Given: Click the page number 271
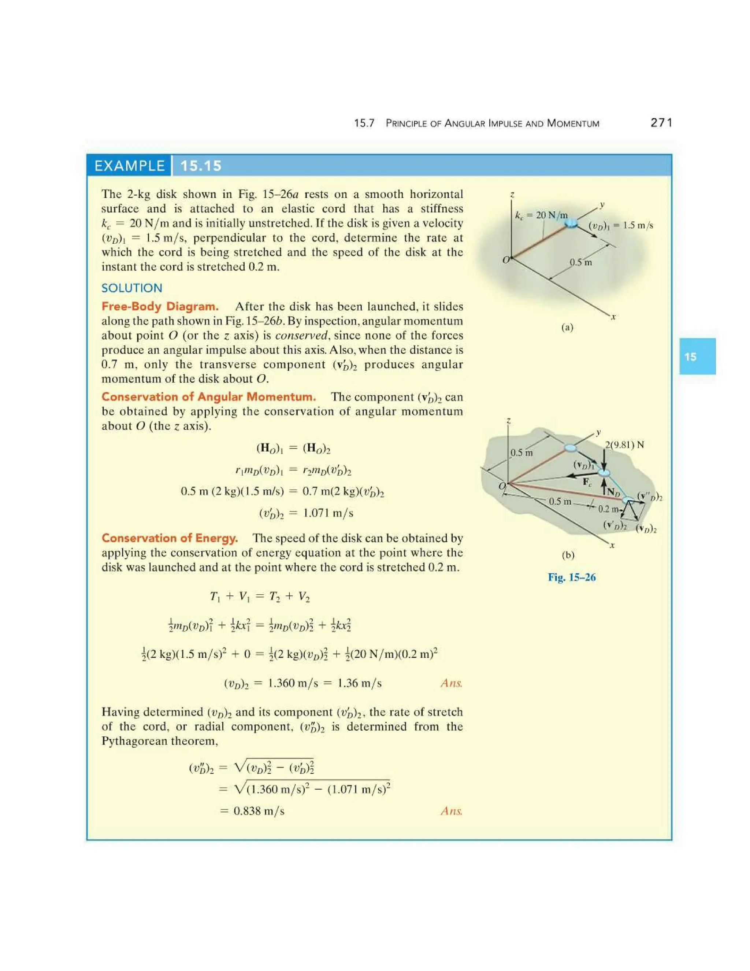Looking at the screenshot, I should click(661, 123).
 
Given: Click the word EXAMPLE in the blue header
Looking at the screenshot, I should click(129, 166).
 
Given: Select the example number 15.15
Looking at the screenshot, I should click(201, 166).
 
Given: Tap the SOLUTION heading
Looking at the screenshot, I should click(131, 288).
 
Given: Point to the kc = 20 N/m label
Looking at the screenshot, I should click(541, 215).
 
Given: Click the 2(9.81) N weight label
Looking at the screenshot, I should click(624, 444).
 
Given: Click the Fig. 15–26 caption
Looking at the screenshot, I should click(571, 577).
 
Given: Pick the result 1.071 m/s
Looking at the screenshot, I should click(328, 513).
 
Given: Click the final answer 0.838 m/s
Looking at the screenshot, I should click(259, 811).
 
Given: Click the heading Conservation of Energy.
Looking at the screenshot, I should click(170, 538).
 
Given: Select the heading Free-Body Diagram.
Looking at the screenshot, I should click(160, 306).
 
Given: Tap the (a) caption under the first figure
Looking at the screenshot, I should click(567, 327).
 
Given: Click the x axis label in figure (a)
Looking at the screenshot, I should click(613, 317).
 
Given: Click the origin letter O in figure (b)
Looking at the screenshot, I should click(502, 486).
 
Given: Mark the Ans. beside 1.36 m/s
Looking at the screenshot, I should click(451, 683).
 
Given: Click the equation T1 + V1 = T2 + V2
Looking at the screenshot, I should click(260, 596).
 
